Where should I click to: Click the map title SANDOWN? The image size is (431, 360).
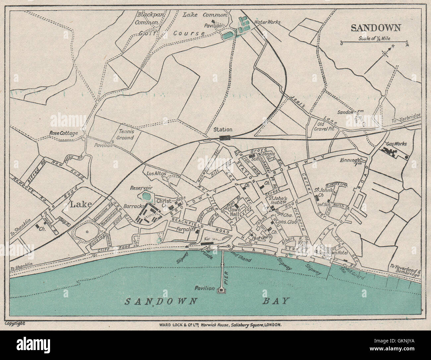click(x=376, y=28)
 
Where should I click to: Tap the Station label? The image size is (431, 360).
click(x=223, y=130)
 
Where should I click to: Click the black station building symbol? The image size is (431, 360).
click(x=225, y=138)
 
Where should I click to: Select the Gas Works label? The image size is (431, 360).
click(x=396, y=144)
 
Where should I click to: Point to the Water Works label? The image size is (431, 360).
click(x=267, y=22)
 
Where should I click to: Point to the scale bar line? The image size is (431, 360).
click(x=374, y=42)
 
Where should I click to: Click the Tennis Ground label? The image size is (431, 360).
click(x=125, y=135)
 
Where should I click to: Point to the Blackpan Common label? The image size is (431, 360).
click(x=146, y=18)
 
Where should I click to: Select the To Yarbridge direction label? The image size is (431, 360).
click(x=406, y=118)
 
